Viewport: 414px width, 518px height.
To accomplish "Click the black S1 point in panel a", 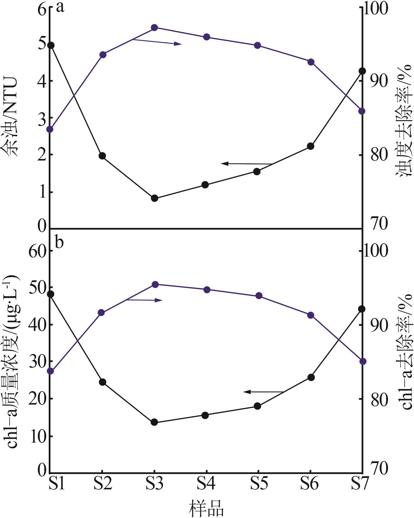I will (51, 45).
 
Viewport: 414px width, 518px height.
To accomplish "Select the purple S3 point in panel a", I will (155, 28).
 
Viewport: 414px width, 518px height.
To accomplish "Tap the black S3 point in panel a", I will (155, 198).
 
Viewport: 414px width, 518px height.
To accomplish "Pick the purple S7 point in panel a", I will (362, 111).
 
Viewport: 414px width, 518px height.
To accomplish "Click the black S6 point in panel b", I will (311, 377).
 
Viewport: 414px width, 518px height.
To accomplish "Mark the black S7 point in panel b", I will (362, 309).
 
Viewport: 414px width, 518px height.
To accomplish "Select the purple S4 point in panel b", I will (207, 290).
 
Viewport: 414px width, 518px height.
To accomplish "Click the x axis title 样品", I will (206, 508).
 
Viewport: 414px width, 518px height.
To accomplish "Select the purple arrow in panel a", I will (158, 42).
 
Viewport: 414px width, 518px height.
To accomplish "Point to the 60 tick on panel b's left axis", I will (37, 251).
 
